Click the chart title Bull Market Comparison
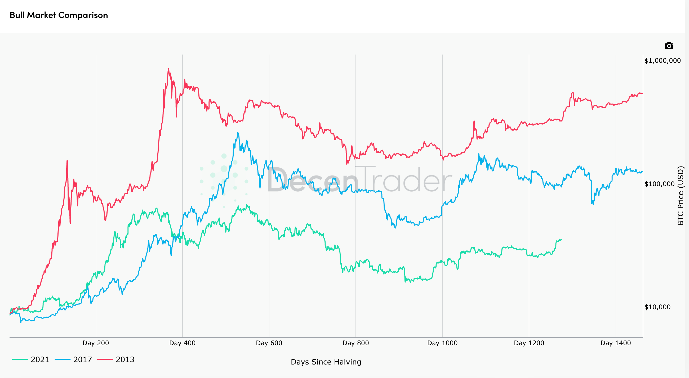(59, 15)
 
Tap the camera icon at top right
(669, 46)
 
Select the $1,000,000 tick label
(663, 61)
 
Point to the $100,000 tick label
(659, 184)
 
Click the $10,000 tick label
(657, 307)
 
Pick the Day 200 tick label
(96, 343)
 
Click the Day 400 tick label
(183, 343)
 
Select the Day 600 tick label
(269, 343)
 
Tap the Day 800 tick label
(356, 343)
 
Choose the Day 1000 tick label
(442, 343)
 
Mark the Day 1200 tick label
(529, 343)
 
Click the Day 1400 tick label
(616, 343)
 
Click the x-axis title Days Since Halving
(326, 362)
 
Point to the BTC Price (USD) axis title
(681, 196)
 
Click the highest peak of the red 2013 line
(168, 69)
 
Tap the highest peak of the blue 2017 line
(238, 133)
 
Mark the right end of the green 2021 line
(561, 240)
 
